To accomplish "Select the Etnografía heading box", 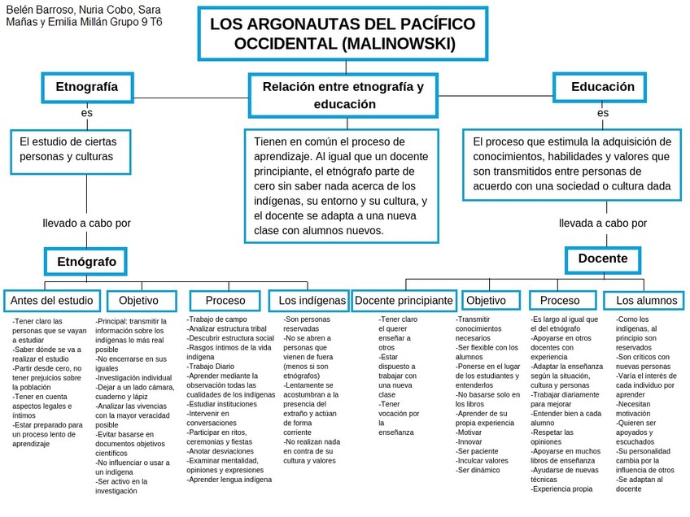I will tap(86, 87).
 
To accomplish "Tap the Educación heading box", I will tap(602, 87).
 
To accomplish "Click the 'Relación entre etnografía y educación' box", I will tap(344, 95).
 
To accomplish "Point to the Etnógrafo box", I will tap(86, 262).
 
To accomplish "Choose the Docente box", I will tap(602, 258).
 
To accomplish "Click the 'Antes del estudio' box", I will tap(52, 301).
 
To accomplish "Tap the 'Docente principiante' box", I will tap(404, 301).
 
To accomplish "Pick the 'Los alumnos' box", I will tap(646, 301).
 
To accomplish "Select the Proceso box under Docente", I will tap(560, 301).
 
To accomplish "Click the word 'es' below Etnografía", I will tap(86, 113).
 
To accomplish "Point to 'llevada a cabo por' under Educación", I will tap(603, 223).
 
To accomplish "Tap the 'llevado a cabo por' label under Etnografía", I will tap(87, 223).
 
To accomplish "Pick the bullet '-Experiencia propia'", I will tap(561, 489).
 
